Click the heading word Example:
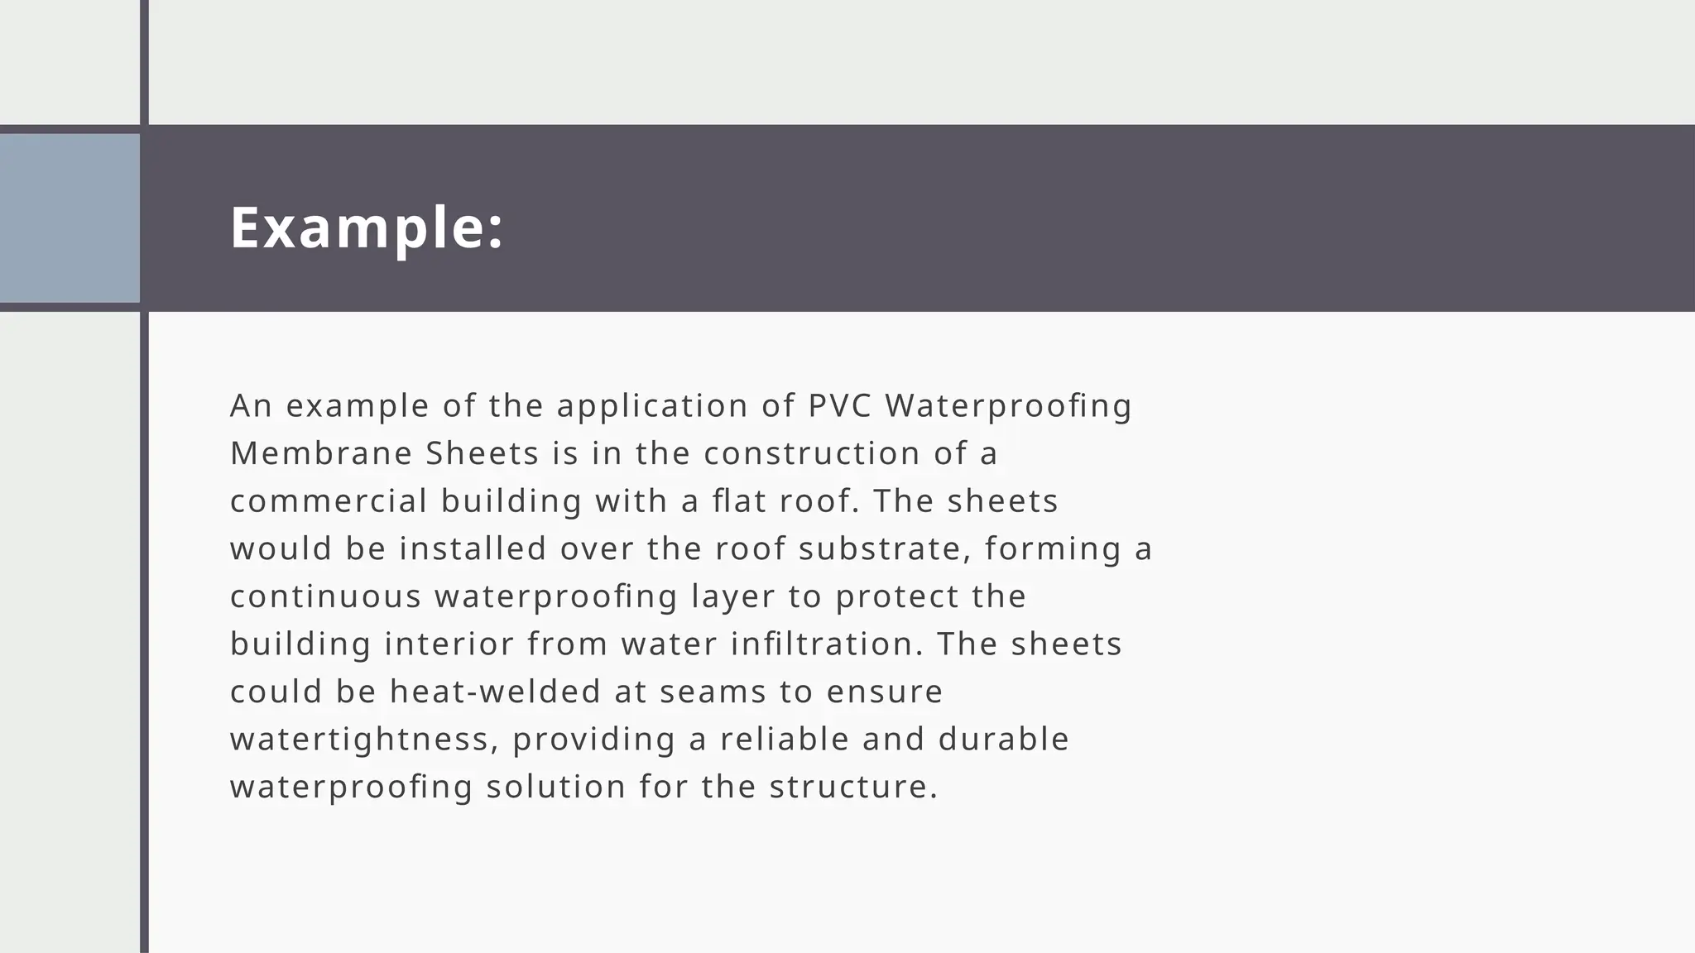(366, 227)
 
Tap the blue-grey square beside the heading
(70, 218)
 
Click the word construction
(812, 453)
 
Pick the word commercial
(329, 501)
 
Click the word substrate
(879, 548)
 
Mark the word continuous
(325, 596)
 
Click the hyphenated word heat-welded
(495, 692)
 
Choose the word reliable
(785, 739)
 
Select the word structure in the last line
(852, 787)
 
